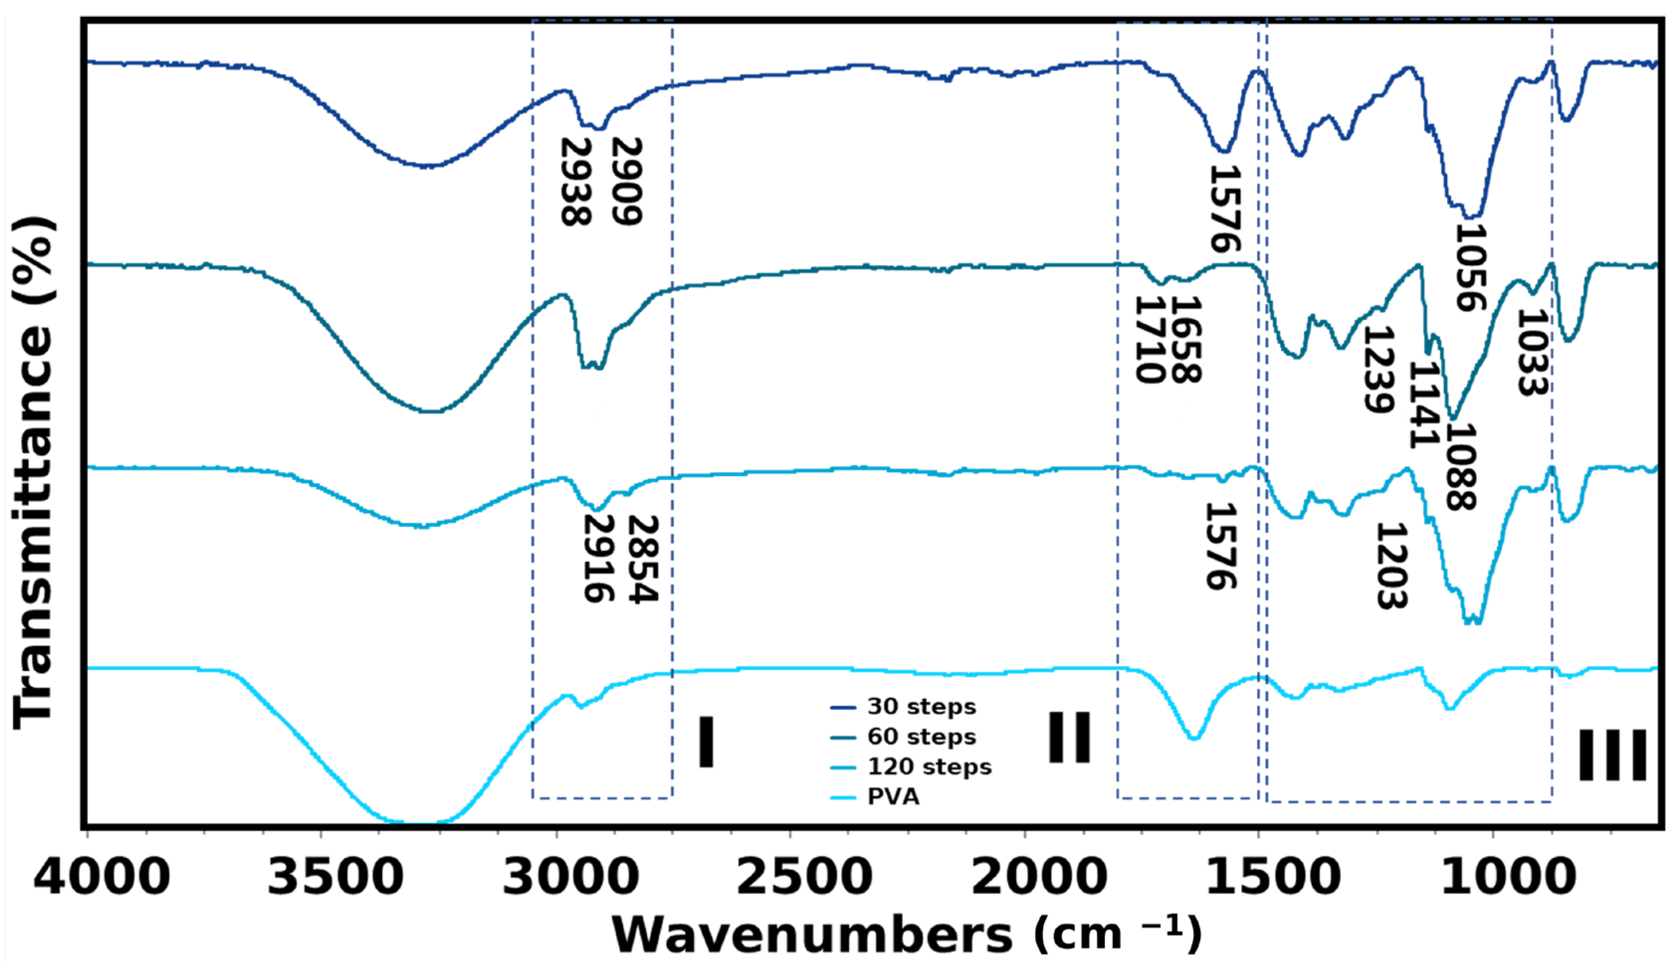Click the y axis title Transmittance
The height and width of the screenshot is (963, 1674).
pos(33,474)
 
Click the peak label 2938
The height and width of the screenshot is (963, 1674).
pos(574,182)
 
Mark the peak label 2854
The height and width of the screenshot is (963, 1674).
pos(642,560)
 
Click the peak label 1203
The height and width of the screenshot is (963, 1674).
pos(1391,566)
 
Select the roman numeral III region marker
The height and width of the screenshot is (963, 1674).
pos(1612,755)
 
